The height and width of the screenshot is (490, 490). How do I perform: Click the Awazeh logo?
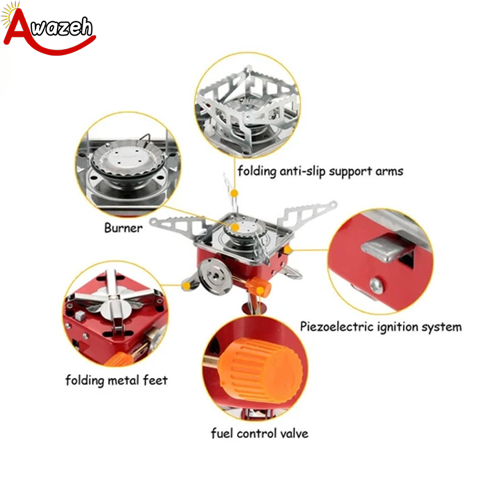(x=48, y=29)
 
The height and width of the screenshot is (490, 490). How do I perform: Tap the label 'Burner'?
(x=123, y=228)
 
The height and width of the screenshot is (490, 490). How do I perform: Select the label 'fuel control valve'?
(x=259, y=434)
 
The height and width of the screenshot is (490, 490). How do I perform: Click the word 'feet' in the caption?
(x=156, y=380)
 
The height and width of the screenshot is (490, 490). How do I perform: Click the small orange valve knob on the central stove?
(x=258, y=286)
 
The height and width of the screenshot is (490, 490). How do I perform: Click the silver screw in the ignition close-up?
(x=377, y=285)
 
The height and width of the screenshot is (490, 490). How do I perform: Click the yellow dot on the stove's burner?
(x=235, y=227)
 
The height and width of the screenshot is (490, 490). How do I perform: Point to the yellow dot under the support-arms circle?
(x=235, y=194)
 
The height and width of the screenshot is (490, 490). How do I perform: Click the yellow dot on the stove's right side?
(x=288, y=250)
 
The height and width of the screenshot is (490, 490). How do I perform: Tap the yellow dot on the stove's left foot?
(x=187, y=285)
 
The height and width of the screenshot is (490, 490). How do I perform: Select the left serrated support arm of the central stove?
(x=179, y=224)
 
